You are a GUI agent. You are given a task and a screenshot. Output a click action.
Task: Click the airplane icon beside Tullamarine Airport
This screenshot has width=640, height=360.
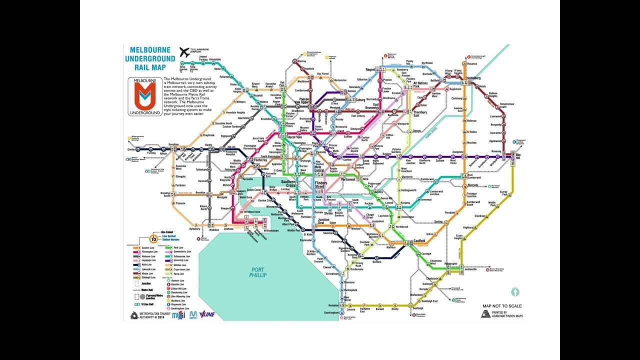point(184,52)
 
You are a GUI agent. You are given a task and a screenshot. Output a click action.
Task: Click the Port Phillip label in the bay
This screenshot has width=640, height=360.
point(258,272)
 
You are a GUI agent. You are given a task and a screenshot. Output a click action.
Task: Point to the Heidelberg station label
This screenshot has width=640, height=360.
point(473,78)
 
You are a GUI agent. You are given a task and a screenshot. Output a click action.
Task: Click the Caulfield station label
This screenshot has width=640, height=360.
point(419,241)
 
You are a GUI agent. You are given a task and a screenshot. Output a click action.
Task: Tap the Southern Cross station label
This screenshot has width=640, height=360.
point(288,183)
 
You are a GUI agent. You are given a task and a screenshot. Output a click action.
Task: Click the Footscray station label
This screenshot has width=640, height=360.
point(260,146)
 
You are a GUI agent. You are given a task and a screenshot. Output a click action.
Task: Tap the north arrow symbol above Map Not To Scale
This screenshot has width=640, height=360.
point(515,291)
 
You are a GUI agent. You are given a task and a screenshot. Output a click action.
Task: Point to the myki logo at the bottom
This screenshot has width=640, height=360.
point(178,315)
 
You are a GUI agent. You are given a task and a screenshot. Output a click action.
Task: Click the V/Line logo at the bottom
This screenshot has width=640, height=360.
point(207,315)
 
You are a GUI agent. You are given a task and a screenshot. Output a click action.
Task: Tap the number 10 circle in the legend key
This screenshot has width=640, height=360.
point(153,239)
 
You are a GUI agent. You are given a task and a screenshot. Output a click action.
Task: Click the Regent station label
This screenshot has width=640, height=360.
point(370,69)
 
